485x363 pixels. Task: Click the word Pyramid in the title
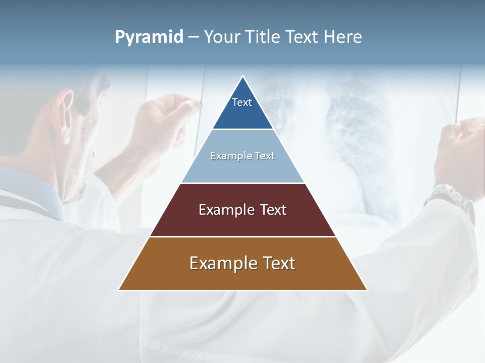coord(149,37)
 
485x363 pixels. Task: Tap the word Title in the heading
coord(263,37)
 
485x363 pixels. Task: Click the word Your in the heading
coord(223,37)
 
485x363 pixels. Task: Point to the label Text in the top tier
coord(242,102)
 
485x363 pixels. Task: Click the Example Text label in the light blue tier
coord(243,156)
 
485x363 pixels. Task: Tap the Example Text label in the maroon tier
coord(243,210)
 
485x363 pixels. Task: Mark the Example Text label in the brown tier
coord(243,263)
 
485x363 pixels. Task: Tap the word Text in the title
coord(303,37)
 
